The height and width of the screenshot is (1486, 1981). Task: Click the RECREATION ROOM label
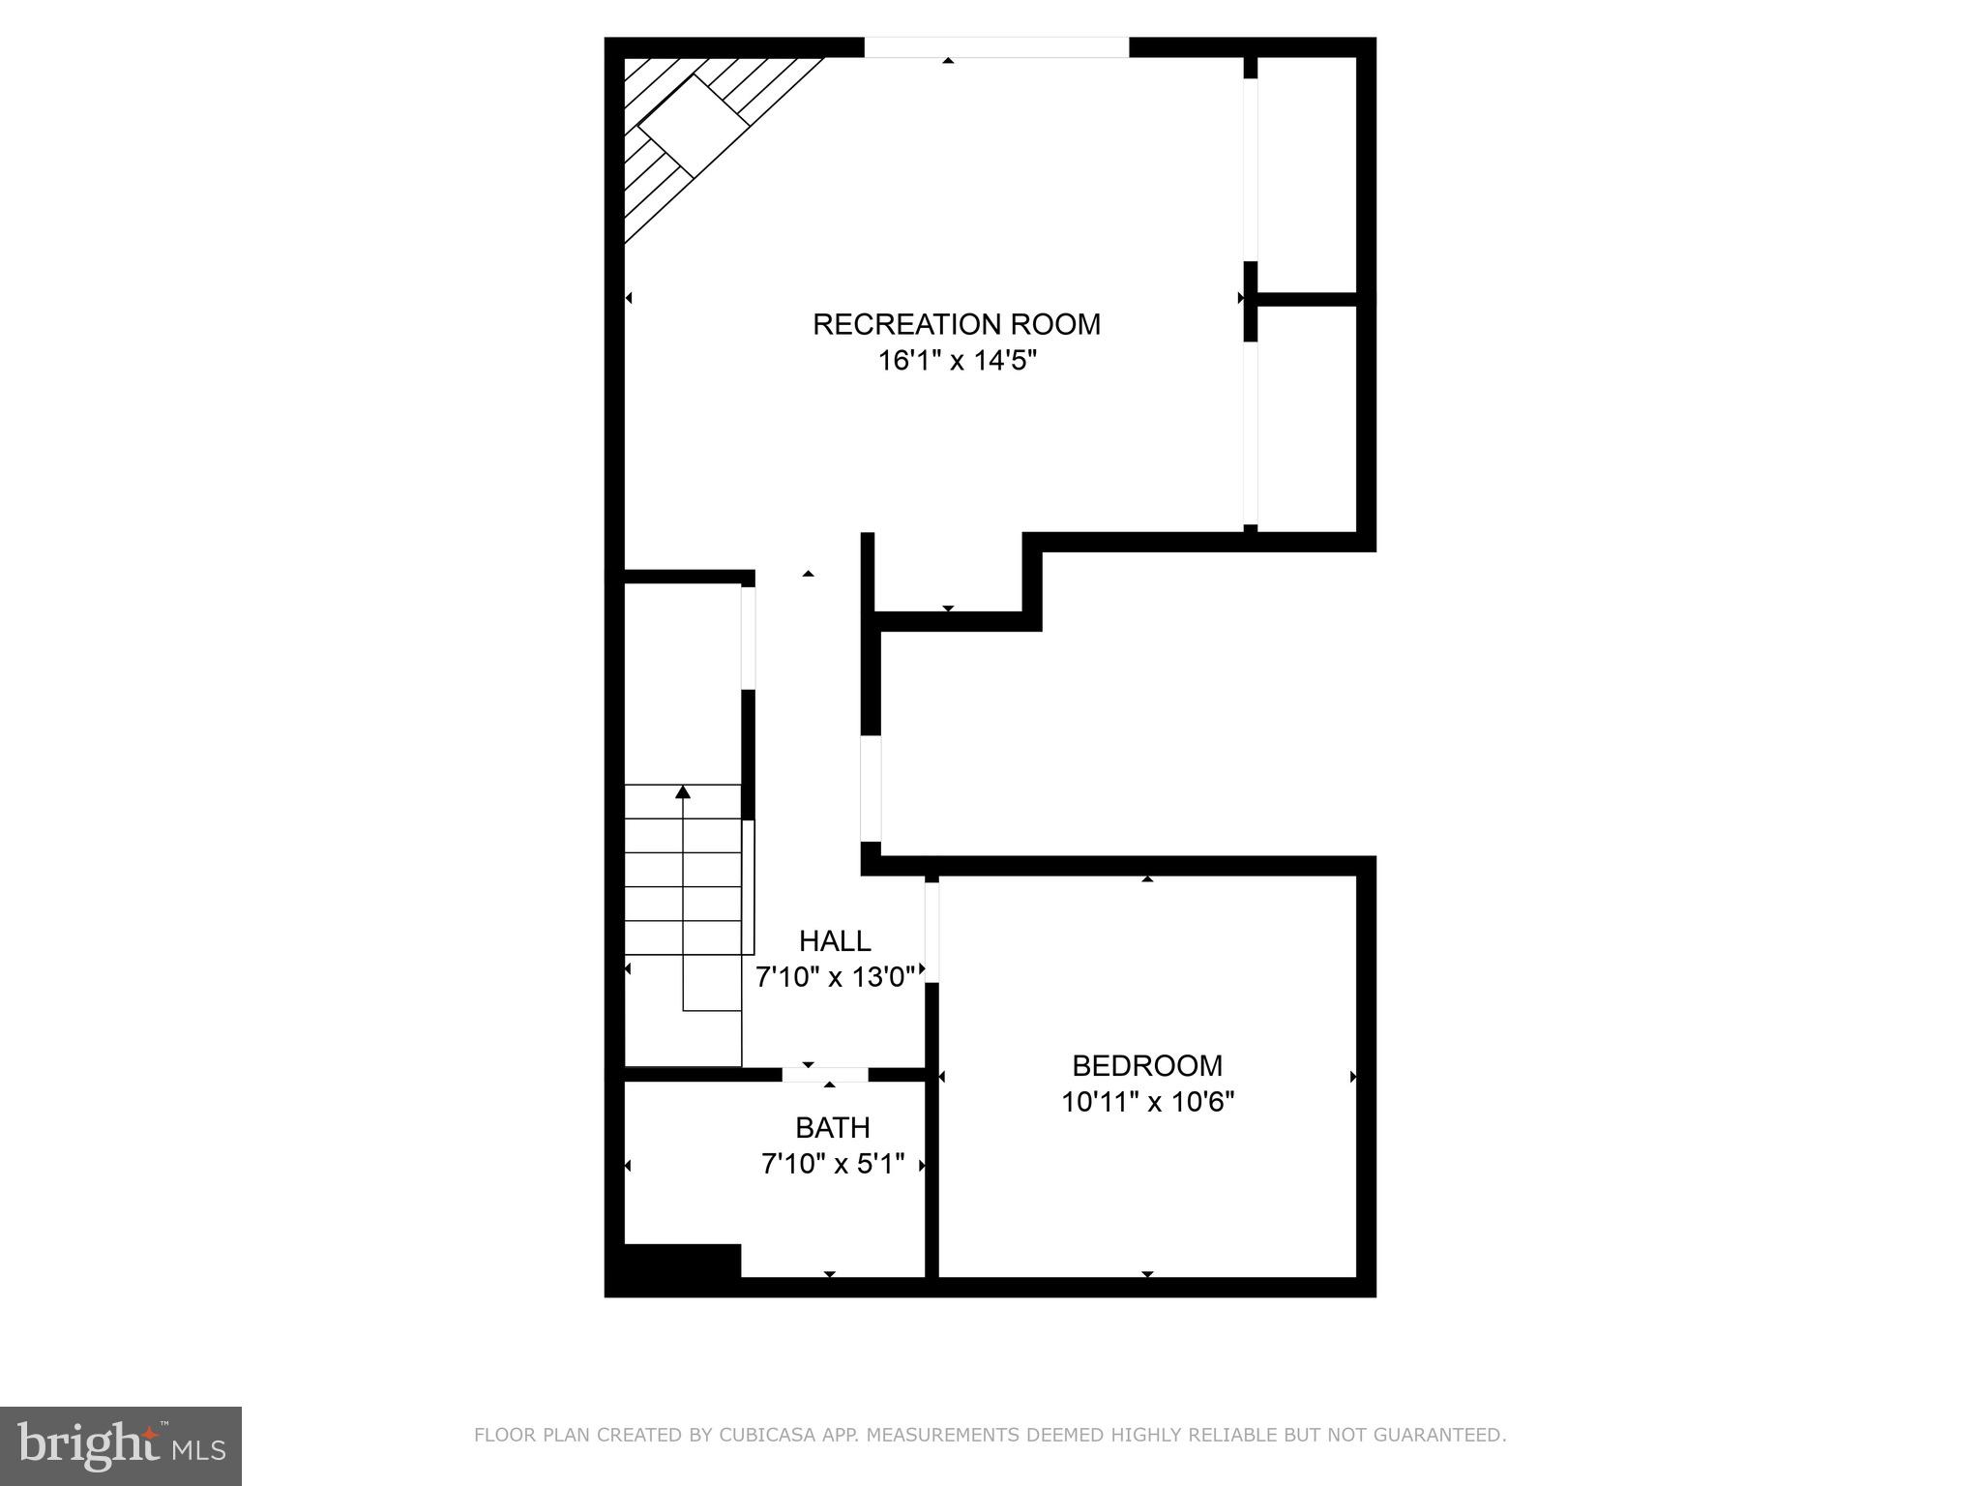pyautogui.click(x=956, y=324)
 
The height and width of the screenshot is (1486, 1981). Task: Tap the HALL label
pyautogui.click(x=834, y=940)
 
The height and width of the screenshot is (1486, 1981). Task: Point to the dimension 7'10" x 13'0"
pyautogui.click(x=834, y=977)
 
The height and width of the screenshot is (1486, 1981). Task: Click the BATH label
pyautogui.click(x=832, y=1127)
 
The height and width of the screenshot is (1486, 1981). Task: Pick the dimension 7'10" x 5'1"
pyautogui.click(x=832, y=1164)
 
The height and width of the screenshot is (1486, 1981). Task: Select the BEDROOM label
pyautogui.click(x=1147, y=1065)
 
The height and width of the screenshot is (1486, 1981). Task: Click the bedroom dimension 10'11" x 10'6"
pyautogui.click(x=1147, y=1102)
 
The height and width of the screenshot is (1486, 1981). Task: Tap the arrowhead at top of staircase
pyautogui.click(x=683, y=792)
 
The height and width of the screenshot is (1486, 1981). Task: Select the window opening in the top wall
pyautogui.click(x=996, y=47)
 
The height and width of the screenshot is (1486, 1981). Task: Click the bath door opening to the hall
pyautogui.click(x=825, y=1075)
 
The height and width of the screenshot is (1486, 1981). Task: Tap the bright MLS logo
pyautogui.click(x=120, y=1445)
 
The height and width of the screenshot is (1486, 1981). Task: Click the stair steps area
pyautogui.click(x=683, y=871)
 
